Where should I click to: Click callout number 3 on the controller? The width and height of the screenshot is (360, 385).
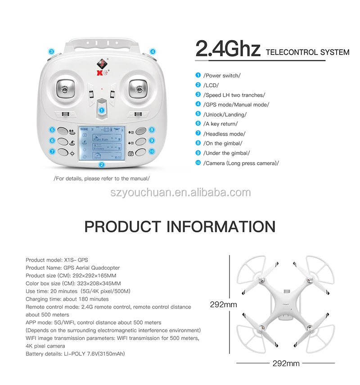[x=52, y=52]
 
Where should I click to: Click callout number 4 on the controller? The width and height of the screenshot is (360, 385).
[x=153, y=52]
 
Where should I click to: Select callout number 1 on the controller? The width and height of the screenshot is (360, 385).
[x=102, y=110]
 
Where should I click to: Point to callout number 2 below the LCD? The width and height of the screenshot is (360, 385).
[x=102, y=165]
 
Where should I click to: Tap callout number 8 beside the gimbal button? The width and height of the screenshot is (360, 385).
[x=152, y=130]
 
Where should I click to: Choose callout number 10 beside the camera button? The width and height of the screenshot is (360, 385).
[x=152, y=152]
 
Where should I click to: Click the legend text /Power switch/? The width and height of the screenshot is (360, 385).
[x=222, y=76]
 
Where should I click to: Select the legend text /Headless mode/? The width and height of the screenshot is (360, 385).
[x=225, y=134]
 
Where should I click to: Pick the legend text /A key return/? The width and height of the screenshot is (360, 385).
[x=220, y=124]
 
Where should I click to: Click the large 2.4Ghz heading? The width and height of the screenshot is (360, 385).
[x=228, y=49]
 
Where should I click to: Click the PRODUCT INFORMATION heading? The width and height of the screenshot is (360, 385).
[x=180, y=226]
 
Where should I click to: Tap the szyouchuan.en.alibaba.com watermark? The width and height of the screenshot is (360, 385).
[x=180, y=193]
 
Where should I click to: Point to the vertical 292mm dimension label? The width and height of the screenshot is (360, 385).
[x=223, y=304]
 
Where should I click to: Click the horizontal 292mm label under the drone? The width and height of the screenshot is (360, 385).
[x=286, y=363]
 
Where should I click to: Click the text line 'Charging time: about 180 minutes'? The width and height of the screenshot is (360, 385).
[x=67, y=299]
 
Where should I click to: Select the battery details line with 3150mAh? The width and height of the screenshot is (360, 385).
[x=75, y=354]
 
